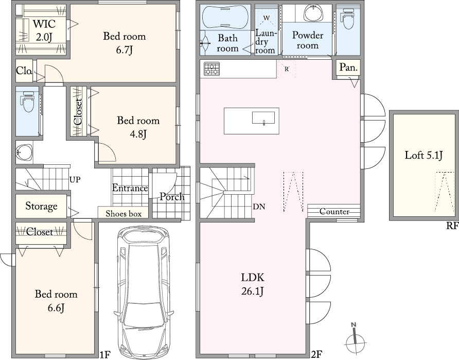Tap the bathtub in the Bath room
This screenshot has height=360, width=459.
click(225, 18)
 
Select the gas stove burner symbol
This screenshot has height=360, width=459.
click(212, 69)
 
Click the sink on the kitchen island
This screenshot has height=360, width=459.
click(263, 118)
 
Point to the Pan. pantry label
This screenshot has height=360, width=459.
click(349, 67)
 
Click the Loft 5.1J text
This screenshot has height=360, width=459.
click(423, 155)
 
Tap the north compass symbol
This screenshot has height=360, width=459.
click(355, 337)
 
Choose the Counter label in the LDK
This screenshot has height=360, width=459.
click(334, 212)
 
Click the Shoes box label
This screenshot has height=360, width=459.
click(123, 214)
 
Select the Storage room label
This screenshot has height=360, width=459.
click(41, 206)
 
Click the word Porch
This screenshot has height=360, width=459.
click(172, 197)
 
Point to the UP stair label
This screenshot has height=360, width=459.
click(75, 179)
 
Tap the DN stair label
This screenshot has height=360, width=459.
click(259, 207)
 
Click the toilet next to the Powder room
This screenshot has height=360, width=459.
click(348, 18)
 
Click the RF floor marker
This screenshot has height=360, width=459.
click(452, 226)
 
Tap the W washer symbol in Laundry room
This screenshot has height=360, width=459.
click(267, 18)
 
